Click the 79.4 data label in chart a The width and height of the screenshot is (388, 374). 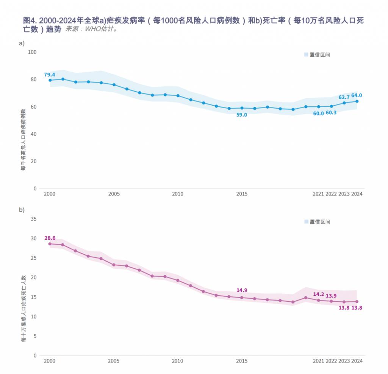50,75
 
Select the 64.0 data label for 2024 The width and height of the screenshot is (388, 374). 357,95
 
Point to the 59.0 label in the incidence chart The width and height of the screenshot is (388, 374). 242,115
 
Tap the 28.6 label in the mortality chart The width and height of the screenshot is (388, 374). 50,238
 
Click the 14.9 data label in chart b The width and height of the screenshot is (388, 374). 242,290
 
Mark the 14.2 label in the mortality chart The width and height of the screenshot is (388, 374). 319,294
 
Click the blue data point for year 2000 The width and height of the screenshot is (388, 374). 50,80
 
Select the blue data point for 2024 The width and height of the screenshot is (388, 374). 357,101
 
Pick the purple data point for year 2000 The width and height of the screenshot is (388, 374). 50,244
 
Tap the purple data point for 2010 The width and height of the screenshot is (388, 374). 178,280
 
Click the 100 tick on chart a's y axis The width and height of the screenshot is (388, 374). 32,52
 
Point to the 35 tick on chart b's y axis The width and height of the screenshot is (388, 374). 33,219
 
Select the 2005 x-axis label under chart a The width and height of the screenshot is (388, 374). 114,194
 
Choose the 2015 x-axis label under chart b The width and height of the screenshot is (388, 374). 242,361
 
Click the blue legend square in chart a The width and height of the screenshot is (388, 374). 306,55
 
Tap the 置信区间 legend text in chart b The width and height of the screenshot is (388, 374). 320,222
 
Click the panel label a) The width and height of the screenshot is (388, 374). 22,43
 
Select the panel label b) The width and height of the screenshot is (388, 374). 22,209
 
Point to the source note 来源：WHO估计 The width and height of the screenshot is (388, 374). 91,29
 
